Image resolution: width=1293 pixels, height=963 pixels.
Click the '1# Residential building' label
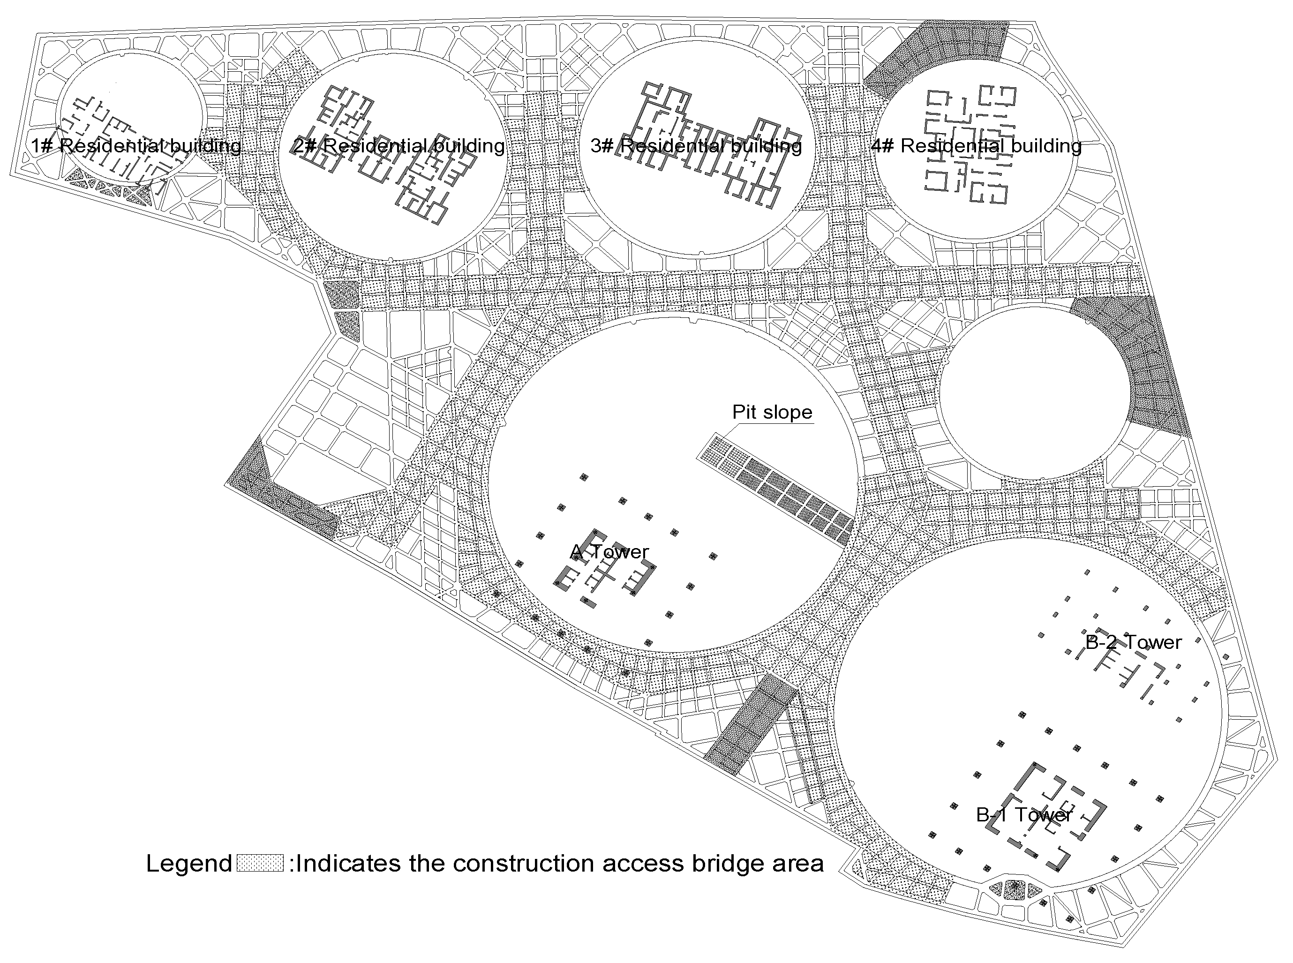pos(136,145)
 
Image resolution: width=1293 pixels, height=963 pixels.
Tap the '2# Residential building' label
pos(399,145)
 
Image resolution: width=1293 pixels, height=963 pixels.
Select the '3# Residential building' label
pos(696,145)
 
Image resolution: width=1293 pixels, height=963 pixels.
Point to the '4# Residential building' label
pos(976,145)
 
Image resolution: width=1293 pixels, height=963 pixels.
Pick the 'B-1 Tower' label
pos(1024,814)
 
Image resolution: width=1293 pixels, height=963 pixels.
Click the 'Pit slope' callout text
pos(773,412)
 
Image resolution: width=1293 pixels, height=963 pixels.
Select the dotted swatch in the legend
pos(261,863)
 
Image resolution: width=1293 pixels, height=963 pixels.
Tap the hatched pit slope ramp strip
pos(775,489)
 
